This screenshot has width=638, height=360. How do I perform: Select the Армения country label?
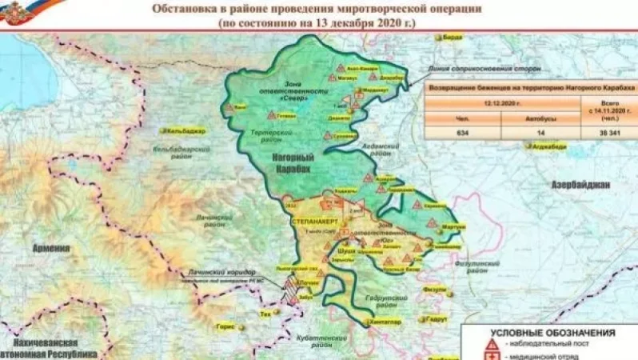pos(51,249)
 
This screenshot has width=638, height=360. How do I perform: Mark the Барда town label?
pos(452,36)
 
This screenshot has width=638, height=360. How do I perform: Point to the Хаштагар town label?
pos(383,322)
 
